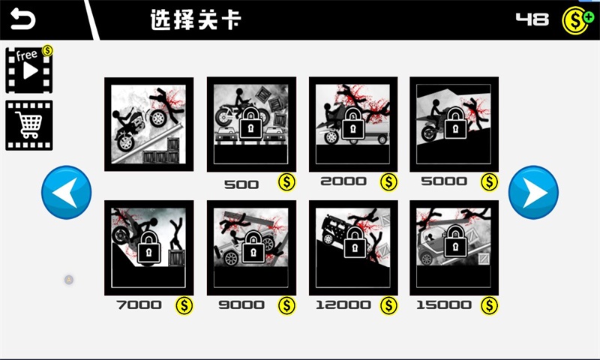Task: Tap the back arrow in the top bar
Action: pyautogui.click(x=22, y=19)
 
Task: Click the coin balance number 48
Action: pyautogui.click(x=532, y=19)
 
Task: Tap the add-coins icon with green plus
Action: pyautogui.click(x=577, y=19)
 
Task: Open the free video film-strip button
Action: pyautogui.click(x=28, y=69)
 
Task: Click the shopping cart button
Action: pyautogui.click(x=28, y=125)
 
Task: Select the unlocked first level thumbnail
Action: pyautogui.click(x=148, y=124)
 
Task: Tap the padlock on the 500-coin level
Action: pyautogui.click(x=251, y=124)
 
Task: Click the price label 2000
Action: pyautogui.click(x=343, y=181)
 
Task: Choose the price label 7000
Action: pyautogui.click(x=139, y=305)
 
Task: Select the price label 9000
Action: pyautogui.click(x=241, y=305)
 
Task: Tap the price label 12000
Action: pyautogui.click(x=343, y=305)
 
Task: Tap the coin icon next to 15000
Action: pyautogui.click(x=489, y=305)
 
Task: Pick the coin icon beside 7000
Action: pyautogui.click(x=184, y=305)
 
